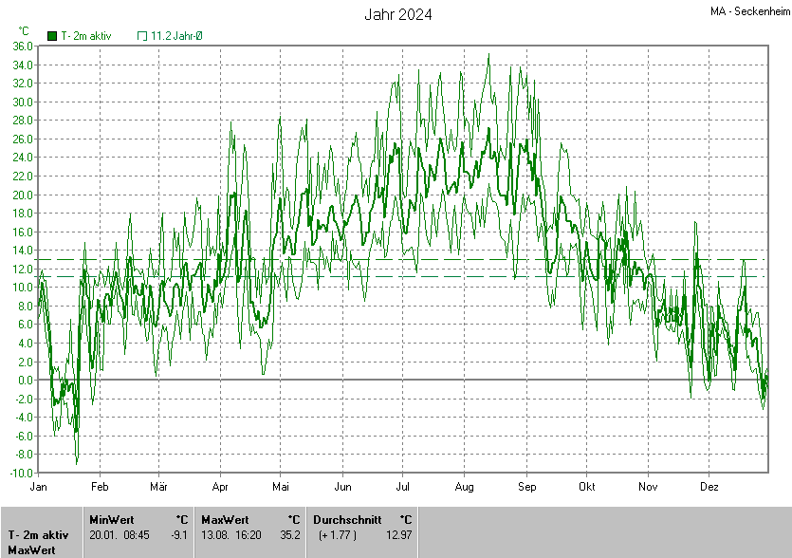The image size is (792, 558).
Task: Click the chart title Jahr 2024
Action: pyautogui.click(x=398, y=14)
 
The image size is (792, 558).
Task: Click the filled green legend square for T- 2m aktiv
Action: pyautogui.click(x=52, y=36)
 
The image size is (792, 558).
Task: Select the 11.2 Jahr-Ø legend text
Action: pyautogui.click(x=176, y=36)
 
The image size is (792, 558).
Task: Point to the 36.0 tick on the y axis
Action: pyautogui.click(x=24, y=46)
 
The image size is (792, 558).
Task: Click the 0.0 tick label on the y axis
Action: pyautogui.click(x=27, y=380)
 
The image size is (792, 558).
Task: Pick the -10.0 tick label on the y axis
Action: pyautogui.click(x=24, y=473)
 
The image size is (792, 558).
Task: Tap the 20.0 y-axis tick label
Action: pyautogui.click(x=24, y=195)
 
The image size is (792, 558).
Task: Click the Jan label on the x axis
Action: pyautogui.click(x=39, y=486)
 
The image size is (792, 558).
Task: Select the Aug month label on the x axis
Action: pyautogui.click(x=464, y=486)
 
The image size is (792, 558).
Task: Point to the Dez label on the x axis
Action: pyautogui.click(x=709, y=486)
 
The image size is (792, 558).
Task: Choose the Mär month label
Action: pyautogui.click(x=159, y=486)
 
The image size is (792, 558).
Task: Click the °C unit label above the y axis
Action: pyautogui.click(x=24, y=31)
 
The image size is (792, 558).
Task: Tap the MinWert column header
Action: pyautogui.click(x=110, y=519)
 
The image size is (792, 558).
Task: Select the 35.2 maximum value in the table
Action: pyautogui.click(x=290, y=535)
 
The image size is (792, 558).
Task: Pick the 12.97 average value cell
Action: pyautogui.click(x=399, y=535)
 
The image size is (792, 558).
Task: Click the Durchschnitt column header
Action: pyautogui.click(x=347, y=519)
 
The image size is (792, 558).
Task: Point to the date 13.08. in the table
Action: pyautogui.click(x=214, y=535)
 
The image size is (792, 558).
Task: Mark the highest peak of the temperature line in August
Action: pyautogui.click(x=488, y=55)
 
